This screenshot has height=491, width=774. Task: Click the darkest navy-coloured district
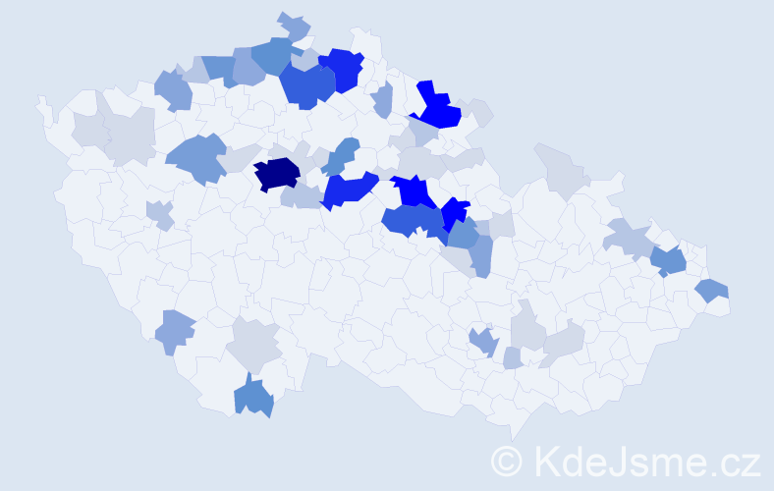coord(277,174)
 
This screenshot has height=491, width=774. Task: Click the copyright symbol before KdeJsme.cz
coord(507,461)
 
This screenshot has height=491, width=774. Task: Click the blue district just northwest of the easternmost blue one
coord(669,260)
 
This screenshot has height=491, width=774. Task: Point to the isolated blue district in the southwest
coord(174,331)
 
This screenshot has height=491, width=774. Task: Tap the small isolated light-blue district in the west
coord(158,213)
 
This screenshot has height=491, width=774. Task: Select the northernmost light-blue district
coord(293,27)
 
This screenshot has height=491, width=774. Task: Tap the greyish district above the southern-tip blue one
coord(253,345)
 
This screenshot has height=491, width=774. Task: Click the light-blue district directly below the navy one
coord(300,197)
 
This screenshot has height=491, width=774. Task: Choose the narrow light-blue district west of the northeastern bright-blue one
coord(383,98)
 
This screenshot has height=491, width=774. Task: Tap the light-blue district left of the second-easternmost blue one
coord(630,238)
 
